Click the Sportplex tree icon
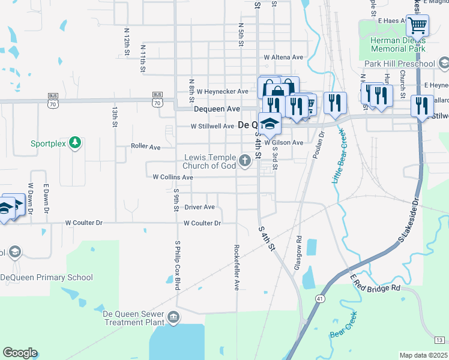click(x=75, y=143)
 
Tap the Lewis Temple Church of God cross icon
click(x=244, y=160)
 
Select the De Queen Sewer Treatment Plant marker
click(x=173, y=317)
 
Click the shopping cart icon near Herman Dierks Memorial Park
click(x=417, y=26)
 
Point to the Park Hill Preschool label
click(x=399, y=64)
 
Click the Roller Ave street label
click(x=146, y=146)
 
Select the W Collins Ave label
click(x=173, y=178)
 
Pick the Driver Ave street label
click(x=199, y=207)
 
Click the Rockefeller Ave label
click(x=237, y=268)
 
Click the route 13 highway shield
click(x=439, y=340)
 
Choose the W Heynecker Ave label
click(x=221, y=91)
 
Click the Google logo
click(x=20, y=353)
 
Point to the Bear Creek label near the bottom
click(x=343, y=325)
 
